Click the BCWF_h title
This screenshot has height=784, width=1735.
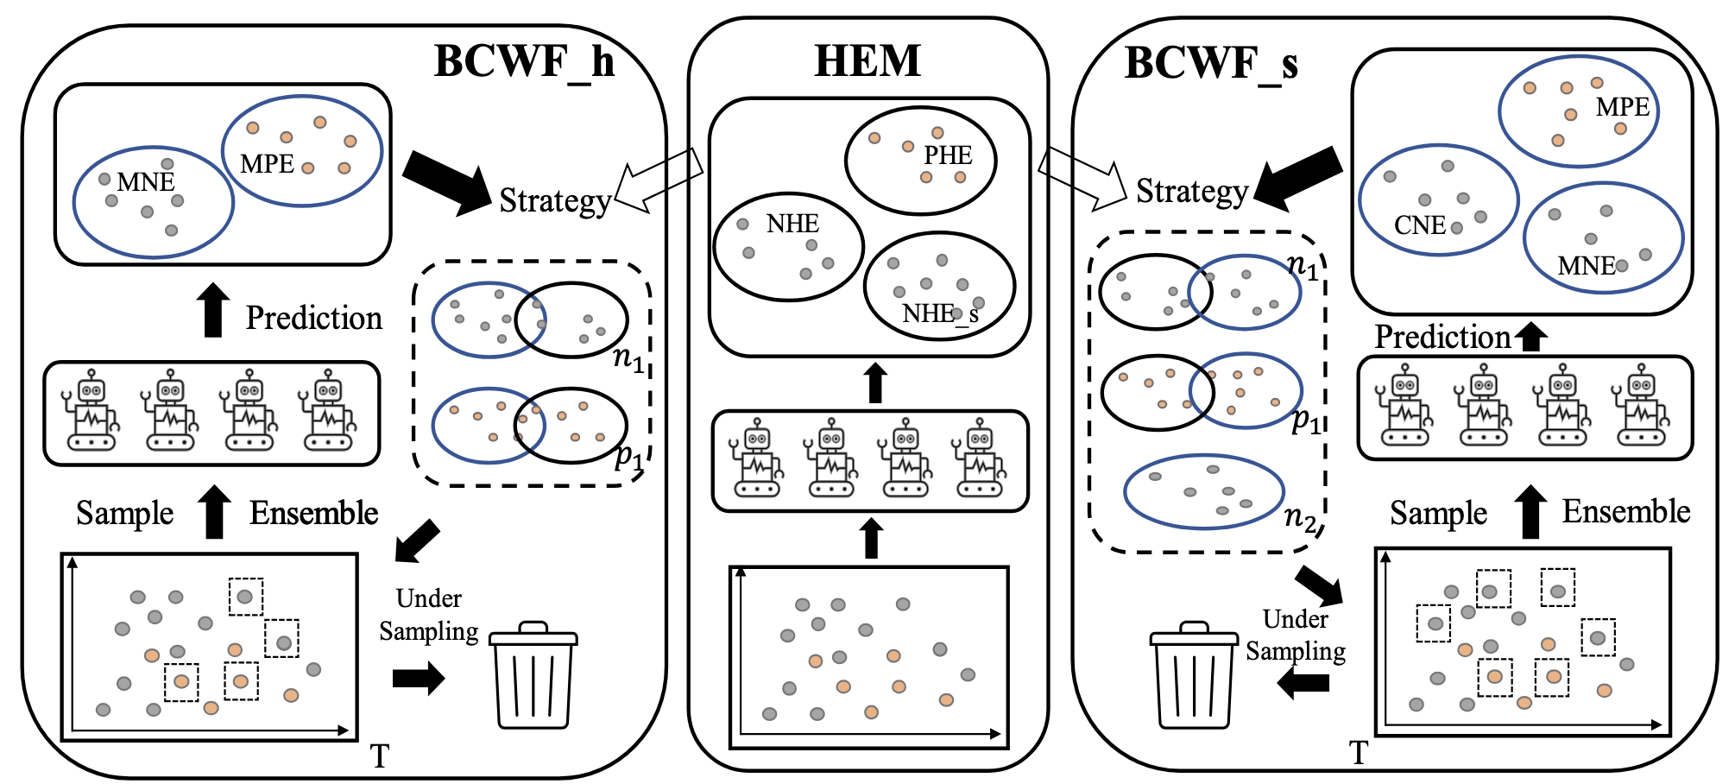pyautogui.click(x=523, y=62)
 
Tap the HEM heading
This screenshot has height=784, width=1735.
pyautogui.click(x=867, y=61)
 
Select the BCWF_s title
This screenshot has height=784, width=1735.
pyautogui.click(x=1210, y=64)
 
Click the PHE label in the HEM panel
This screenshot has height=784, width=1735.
pyautogui.click(x=948, y=155)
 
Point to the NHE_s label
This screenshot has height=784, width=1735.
pyautogui.click(x=940, y=313)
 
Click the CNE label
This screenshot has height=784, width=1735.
pyautogui.click(x=1419, y=225)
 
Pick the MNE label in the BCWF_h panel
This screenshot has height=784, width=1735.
pyautogui.click(x=146, y=182)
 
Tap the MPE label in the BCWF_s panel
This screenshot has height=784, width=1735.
pyautogui.click(x=1622, y=107)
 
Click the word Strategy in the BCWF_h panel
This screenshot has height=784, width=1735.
pyautogui.click(x=555, y=200)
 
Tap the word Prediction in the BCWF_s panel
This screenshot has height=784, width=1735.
pyautogui.click(x=1442, y=337)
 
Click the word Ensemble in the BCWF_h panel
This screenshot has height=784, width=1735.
pyautogui.click(x=314, y=513)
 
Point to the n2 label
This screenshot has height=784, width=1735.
pyautogui.click(x=1300, y=517)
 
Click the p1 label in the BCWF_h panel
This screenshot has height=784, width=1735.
pyautogui.click(x=629, y=456)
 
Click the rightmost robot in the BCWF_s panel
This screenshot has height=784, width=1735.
pyautogui.click(x=1641, y=405)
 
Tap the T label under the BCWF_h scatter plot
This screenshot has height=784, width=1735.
pyautogui.click(x=380, y=756)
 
